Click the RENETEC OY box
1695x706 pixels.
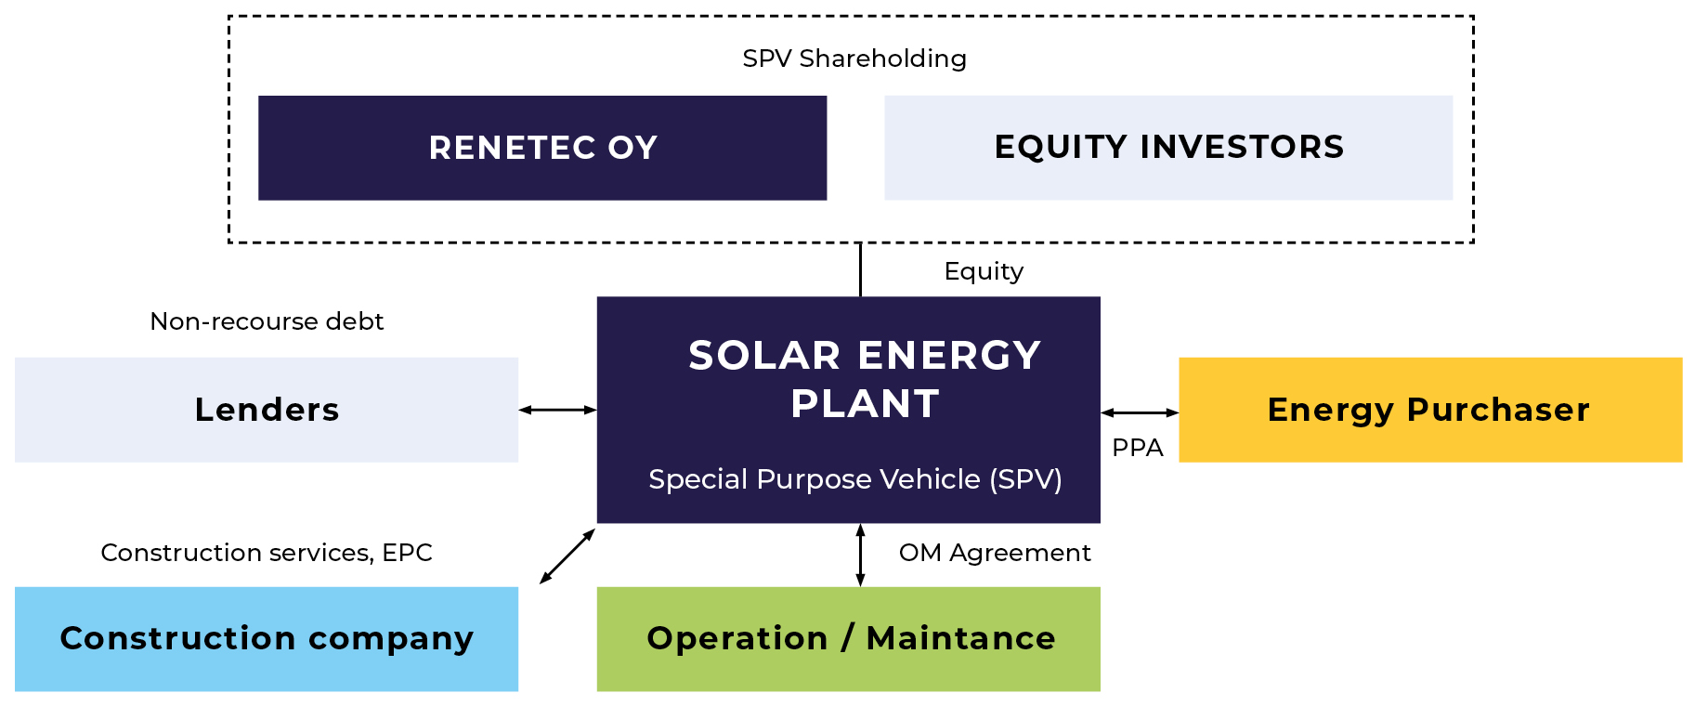[x=542, y=148]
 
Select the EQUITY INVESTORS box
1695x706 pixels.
[x=1168, y=148]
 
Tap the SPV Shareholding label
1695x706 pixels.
[x=854, y=59]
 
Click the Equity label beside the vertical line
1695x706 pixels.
[x=984, y=271]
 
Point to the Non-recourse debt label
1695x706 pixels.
[x=267, y=321]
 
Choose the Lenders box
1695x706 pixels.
[x=267, y=410]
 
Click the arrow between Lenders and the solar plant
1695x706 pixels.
[x=557, y=410]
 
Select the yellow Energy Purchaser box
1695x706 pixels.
[x=1430, y=410]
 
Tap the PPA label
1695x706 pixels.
[x=1137, y=448]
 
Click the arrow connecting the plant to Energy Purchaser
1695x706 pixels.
[x=1140, y=412]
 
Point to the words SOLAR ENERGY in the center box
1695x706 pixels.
[x=864, y=356]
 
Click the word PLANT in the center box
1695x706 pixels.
[x=865, y=404]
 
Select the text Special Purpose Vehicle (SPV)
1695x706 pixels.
[x=854, y=479]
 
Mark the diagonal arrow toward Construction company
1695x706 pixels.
[x=567, y=556]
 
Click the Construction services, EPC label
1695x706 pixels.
[x=267, y=553]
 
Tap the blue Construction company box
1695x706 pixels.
[x=267, y=639]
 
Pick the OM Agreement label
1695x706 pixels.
[x=995, y=553]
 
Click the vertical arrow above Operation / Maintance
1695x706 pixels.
[x=860, y=555]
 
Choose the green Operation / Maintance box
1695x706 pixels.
[x=849, y=639]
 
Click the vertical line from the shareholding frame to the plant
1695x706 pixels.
[x=860, y=269]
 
